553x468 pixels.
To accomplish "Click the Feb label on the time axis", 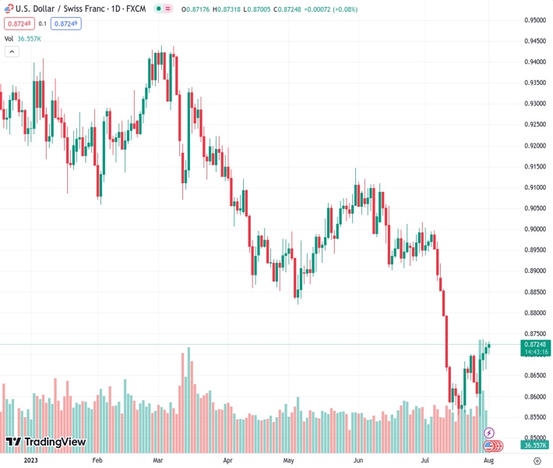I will (97, 460).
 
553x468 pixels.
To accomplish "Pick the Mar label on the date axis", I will (158, 460).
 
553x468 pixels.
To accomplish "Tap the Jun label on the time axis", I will (358, 460).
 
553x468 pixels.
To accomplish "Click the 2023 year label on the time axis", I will (30, 460).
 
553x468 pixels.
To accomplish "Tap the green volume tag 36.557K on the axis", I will (536, 445).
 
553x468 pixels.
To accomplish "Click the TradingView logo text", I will (46, 443).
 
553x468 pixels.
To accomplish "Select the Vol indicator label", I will (9, 37).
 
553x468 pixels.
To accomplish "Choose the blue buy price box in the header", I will (67, 23).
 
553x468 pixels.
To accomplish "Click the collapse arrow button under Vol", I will (11, 51).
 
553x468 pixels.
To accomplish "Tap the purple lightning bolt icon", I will (489, 432).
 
